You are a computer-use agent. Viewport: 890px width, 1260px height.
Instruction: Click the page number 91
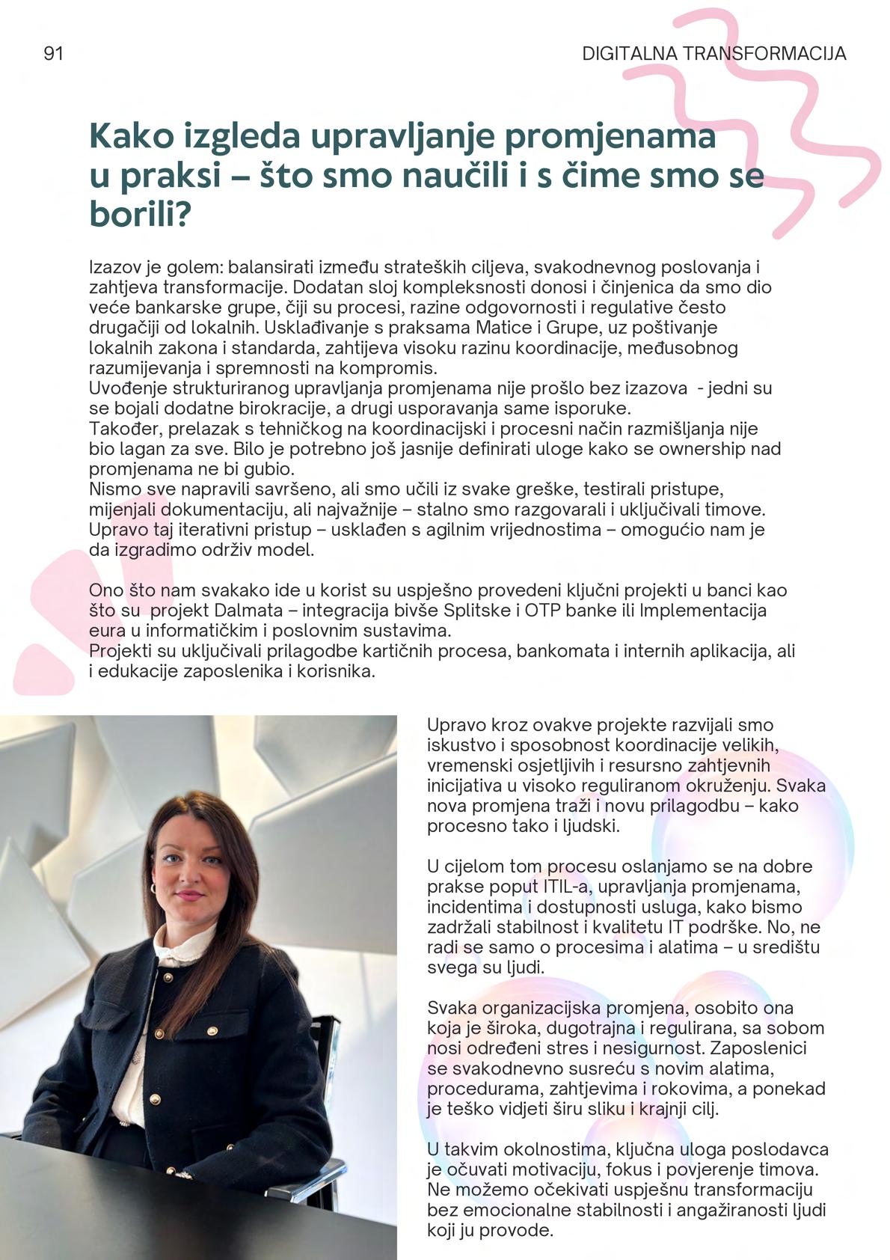(x=53, y=54)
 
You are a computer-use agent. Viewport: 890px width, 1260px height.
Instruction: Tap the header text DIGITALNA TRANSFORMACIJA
(x=713, y=54)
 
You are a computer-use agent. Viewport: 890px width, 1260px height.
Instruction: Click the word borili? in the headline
(x=141, y=215)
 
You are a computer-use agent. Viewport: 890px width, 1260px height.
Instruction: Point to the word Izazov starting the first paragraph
(x=111, y=267)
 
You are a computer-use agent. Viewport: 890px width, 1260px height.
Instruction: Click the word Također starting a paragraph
(x=124, y=429)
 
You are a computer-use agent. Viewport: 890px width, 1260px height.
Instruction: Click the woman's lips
(x=188, y=895)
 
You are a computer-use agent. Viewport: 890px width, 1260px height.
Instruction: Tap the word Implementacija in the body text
(x=703, y=611)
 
